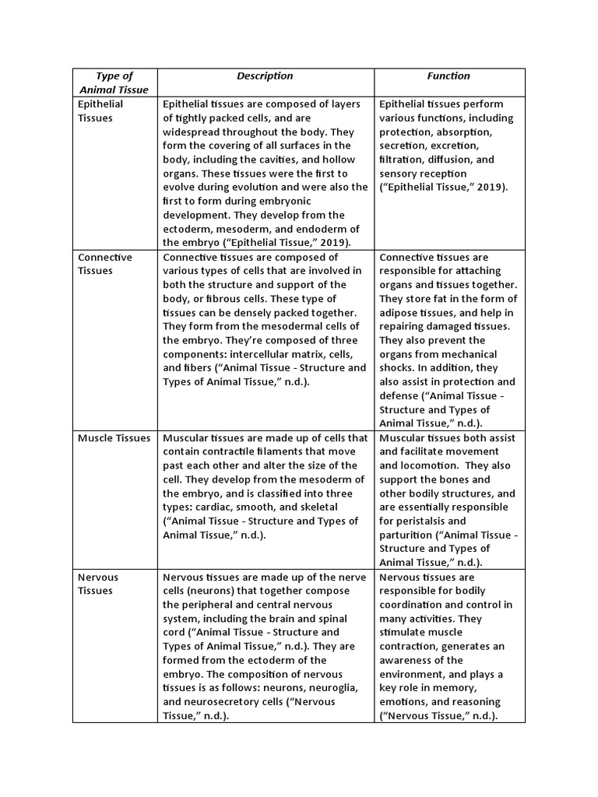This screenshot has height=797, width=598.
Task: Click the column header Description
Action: [265, 76]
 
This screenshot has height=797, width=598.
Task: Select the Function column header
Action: [448, 76]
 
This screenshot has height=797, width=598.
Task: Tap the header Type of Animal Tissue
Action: [114, 83]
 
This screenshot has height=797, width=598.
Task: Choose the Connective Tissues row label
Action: [104, 264]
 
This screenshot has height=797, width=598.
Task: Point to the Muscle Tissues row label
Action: [114, 438]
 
